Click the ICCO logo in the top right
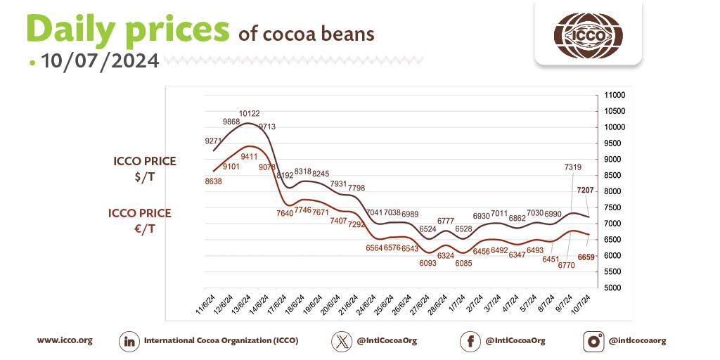pyautogui.click(x=588, y=34)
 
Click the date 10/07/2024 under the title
pyautogui.click(x=100, y=60)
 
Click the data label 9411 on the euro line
pyautogui.click(x=250, y=156)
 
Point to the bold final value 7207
pyautogui.click(x=585, y=191)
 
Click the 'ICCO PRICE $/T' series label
pyautogui.click(x=145, y=169)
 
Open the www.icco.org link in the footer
pyautogui.click(x=65, y=340)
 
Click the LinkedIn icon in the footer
pyautogui.click(x=129, y=341)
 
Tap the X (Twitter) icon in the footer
pyautogui.click(x=342, y=341)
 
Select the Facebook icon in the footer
pyautogui.click(x=470, y=341)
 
